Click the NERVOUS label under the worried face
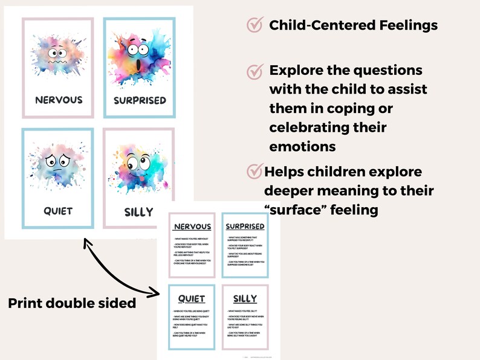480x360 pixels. point(59,100)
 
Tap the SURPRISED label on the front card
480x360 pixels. point(140,100)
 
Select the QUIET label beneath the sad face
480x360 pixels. point(58,211)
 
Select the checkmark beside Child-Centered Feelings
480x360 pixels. point(255,25)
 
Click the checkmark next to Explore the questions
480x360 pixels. point(255,71)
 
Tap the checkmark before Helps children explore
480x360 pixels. point(255,172)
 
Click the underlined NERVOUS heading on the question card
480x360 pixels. point(192,227)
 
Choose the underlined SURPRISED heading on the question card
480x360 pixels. point(245,227)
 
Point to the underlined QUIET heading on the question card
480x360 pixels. point(192,298)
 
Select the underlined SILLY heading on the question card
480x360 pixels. point(245,298)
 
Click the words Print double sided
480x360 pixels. point(72,303)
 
